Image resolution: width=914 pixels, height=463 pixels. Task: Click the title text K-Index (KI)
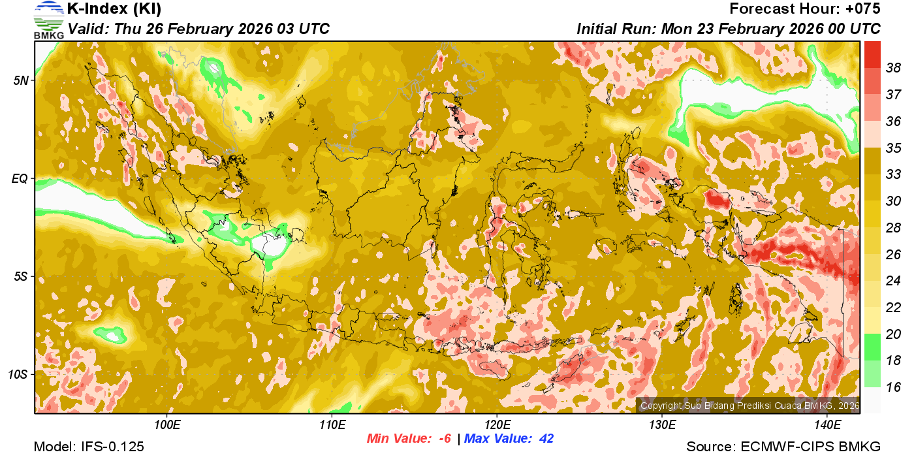[114, 9]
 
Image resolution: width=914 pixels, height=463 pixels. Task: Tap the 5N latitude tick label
[21, 80]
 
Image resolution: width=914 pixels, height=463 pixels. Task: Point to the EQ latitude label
[20, 178]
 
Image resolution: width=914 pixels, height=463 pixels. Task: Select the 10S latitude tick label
[18, 374]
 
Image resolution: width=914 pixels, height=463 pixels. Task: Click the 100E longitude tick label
[167, 424]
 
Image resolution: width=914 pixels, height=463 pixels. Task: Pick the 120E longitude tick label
[497, 424]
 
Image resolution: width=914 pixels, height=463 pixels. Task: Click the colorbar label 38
[893, 67]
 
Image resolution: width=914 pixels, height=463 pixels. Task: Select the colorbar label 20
[893, 334]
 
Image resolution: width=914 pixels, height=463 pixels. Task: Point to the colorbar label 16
[893, 387]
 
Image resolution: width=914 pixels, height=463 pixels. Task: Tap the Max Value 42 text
[509, 438]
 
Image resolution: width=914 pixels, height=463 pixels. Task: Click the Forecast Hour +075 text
[805, 9]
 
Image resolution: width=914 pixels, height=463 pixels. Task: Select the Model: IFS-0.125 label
[89, 447]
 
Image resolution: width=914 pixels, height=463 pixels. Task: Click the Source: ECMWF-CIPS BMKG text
[783, 447]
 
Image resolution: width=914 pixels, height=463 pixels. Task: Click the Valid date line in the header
[198, 29]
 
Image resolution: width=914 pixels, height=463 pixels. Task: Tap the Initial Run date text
[728, 29]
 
